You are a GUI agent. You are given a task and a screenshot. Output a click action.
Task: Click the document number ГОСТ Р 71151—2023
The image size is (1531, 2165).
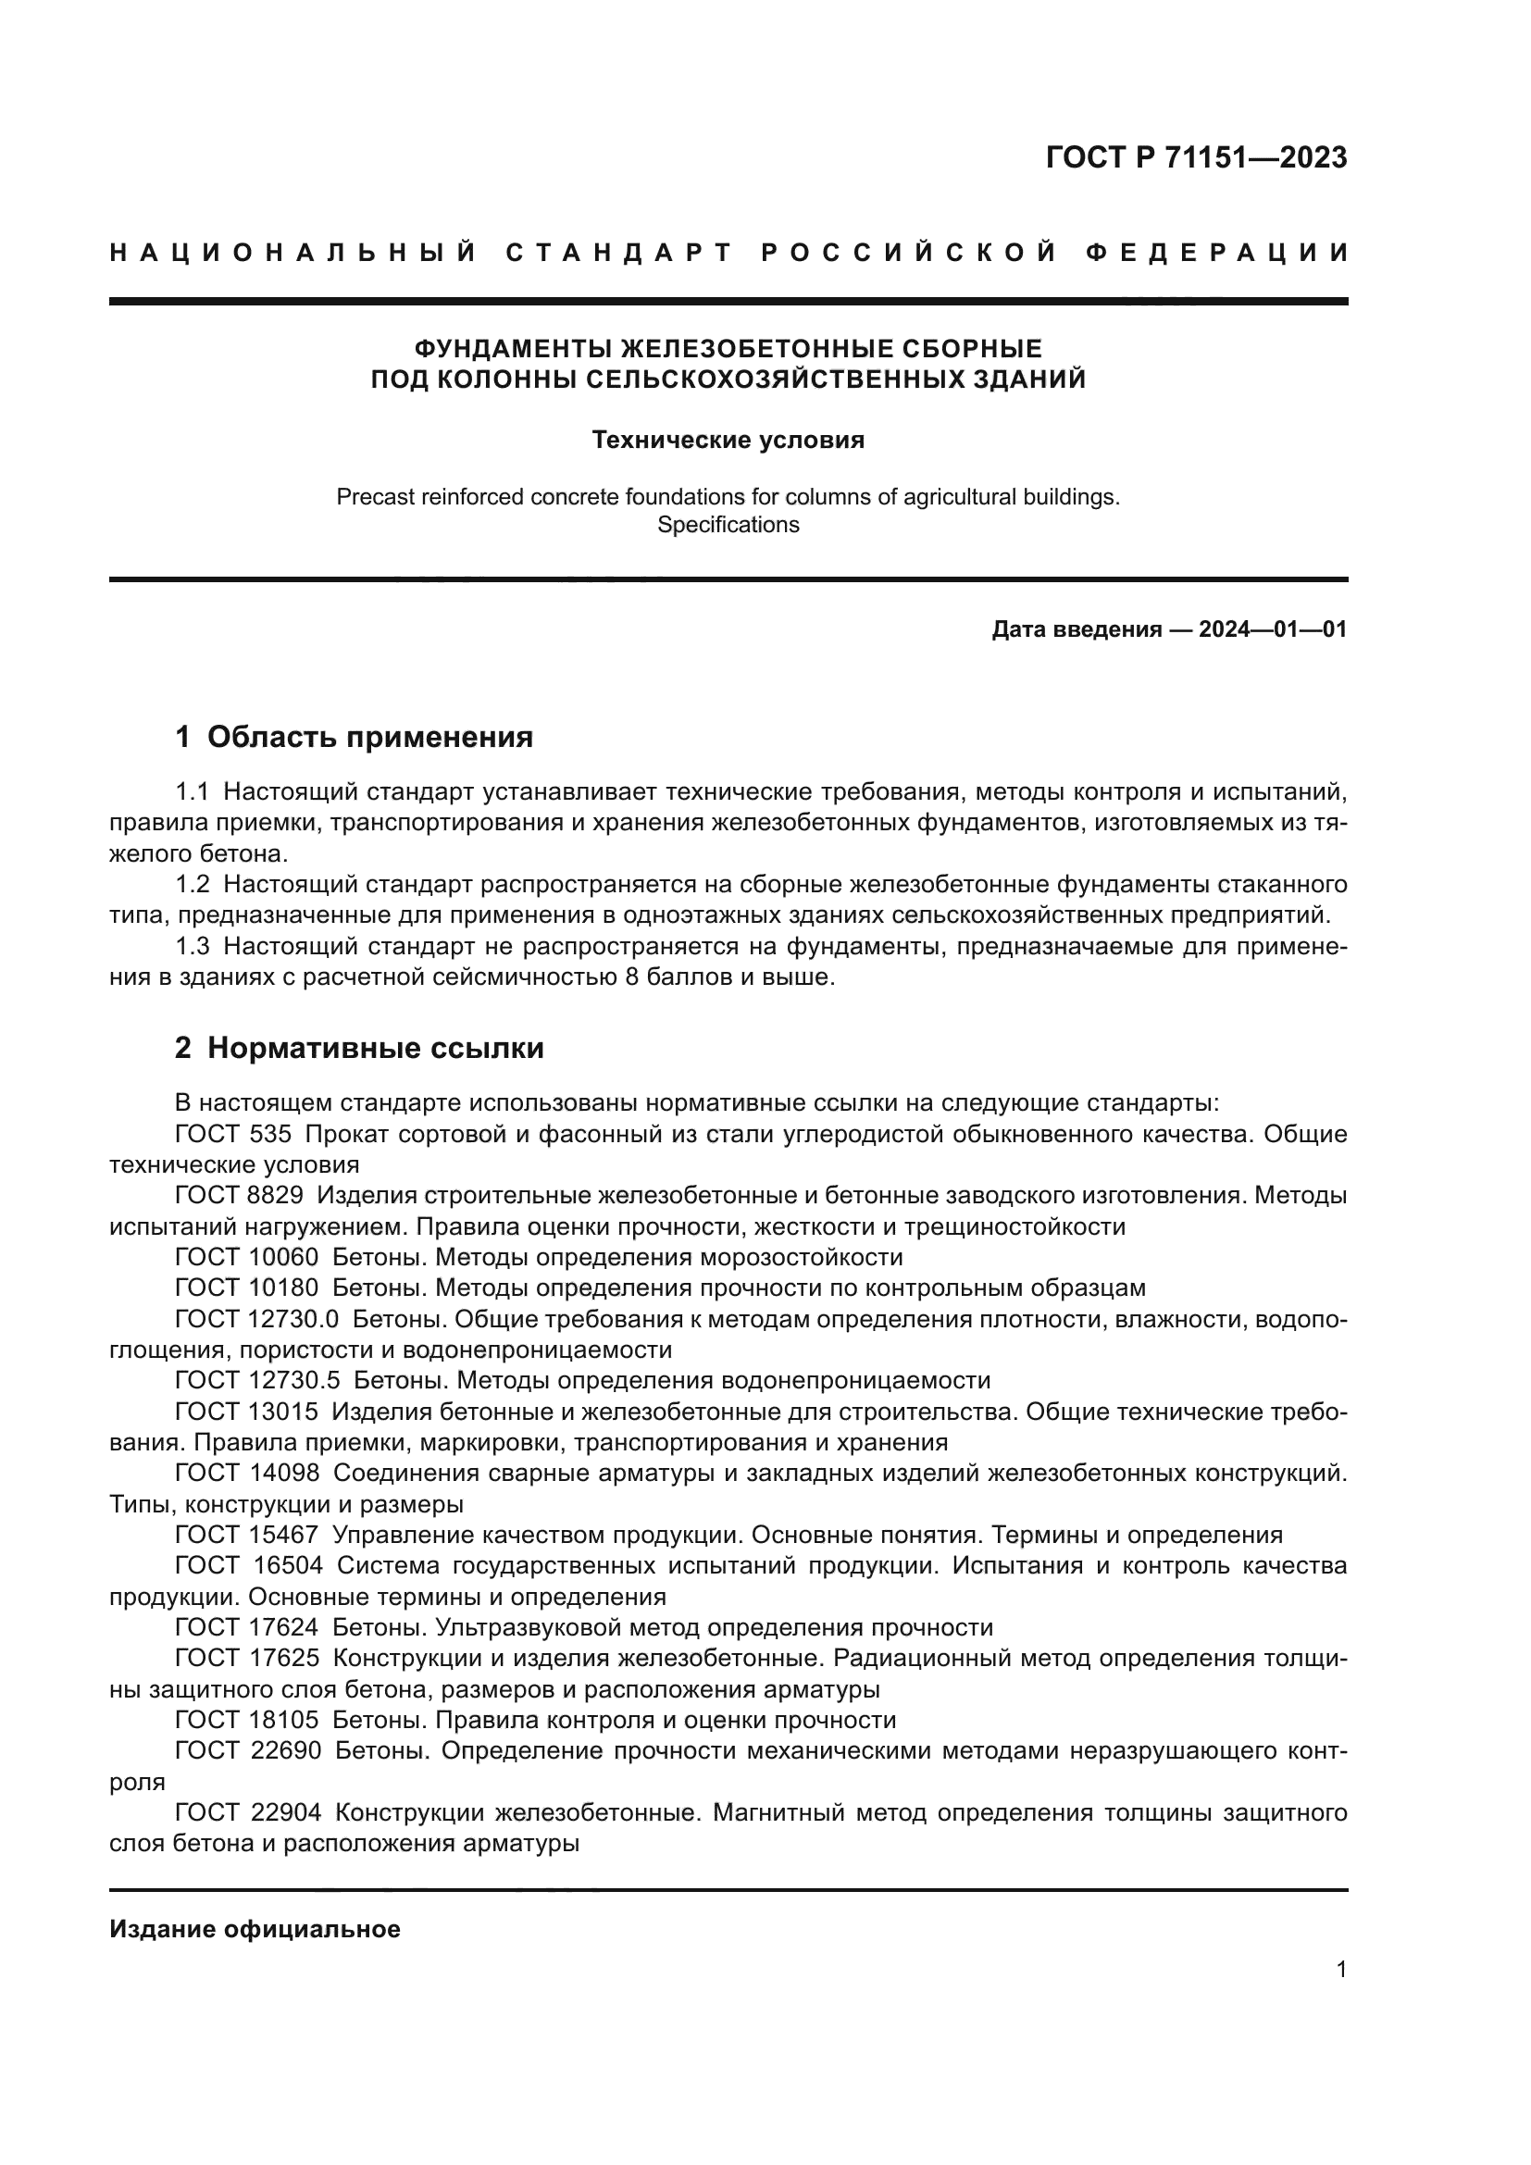(x=1195, y=158)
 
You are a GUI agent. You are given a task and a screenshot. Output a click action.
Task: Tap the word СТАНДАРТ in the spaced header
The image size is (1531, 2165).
(x=618, y=253)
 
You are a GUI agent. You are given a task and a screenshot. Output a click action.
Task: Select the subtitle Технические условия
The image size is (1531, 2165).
(x=728, y=441)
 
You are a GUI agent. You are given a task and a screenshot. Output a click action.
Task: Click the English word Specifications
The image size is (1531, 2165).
(x=728, y=525)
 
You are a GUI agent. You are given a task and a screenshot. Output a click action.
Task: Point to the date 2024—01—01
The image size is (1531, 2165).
(x=1273, y=630)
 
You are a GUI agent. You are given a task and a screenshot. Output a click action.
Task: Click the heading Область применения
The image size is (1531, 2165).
(x=369, y=737)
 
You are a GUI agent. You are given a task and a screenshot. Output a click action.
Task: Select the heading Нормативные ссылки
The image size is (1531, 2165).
(x=375, y=1048)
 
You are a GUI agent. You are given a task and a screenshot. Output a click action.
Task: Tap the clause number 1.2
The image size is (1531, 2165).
(x=193, y=885)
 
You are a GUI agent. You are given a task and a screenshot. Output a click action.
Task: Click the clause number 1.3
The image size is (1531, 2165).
(x=193, y=946)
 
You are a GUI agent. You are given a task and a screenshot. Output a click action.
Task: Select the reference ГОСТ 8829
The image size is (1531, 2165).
(x=240, y=1196)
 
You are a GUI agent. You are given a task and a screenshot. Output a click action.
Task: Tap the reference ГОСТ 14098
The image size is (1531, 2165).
(x=247, y=1473)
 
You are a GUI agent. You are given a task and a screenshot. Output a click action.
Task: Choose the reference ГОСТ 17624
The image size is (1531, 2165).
(x=247, y=1627)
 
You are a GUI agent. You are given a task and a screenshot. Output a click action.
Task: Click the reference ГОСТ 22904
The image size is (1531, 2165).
(x=248, y=1812)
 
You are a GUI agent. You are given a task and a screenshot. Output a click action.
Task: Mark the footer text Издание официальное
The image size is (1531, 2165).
(x=255, y=1929)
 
